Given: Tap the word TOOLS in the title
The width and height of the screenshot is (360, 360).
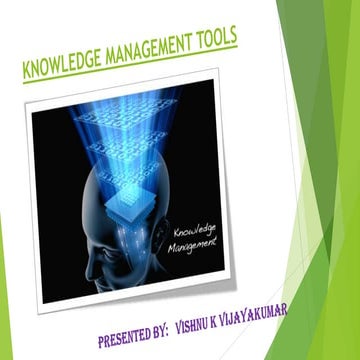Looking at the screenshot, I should click(213, 39).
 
